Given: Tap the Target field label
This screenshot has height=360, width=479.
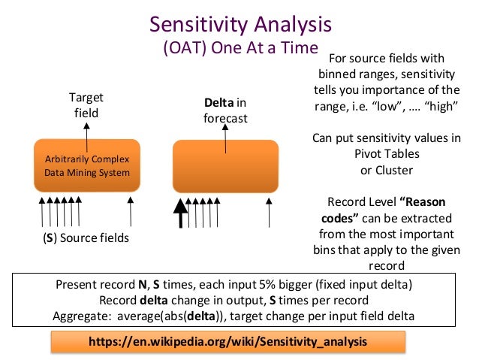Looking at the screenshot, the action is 86,105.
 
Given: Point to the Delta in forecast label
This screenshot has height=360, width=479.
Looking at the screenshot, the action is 224,110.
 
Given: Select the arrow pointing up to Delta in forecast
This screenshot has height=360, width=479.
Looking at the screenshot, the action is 224,132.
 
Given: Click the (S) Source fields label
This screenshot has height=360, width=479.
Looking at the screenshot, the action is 85,238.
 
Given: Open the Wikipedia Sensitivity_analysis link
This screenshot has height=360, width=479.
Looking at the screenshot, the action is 228,341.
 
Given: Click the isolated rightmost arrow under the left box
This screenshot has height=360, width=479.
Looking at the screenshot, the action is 131,211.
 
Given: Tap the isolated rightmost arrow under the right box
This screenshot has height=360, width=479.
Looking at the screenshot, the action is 270,211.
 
